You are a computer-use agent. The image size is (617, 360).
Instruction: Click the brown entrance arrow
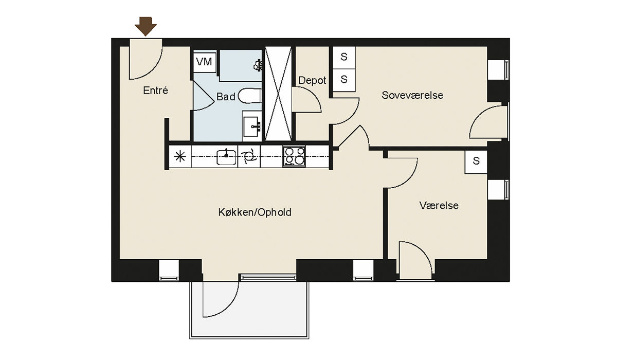coord(146,26)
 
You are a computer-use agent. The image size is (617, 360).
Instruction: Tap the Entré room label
coord(155,91)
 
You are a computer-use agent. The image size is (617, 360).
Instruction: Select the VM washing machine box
coord(205,61)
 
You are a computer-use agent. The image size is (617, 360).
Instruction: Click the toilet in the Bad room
coord(249,96)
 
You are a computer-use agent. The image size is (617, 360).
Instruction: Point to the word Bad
coord(226,97)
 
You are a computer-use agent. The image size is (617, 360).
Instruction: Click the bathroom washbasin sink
coord(252,126)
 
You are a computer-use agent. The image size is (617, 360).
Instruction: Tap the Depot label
coord(312,80)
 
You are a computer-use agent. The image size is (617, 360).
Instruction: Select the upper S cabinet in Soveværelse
coord(344,57)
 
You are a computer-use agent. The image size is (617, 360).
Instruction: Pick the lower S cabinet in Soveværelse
coord(344,80)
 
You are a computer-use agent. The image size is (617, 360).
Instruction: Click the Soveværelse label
coord(412,95)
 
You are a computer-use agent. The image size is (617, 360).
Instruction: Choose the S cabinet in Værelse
coord(476,162)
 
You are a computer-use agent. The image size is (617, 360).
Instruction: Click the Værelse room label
coord(439,206)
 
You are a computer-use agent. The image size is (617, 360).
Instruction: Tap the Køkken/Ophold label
coord(255,212)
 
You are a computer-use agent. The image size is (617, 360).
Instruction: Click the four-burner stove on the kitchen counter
coord(294,156)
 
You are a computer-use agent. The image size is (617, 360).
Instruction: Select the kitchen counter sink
coord(226,157)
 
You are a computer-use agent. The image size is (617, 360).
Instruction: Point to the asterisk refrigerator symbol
coord(180,157)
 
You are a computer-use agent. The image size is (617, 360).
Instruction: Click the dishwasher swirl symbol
coord(249,157)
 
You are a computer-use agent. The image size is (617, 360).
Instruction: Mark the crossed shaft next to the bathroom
coord(278,94)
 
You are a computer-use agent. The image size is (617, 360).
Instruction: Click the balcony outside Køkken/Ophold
coord(249,310)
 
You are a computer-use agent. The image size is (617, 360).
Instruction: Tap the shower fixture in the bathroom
coord(257,65)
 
